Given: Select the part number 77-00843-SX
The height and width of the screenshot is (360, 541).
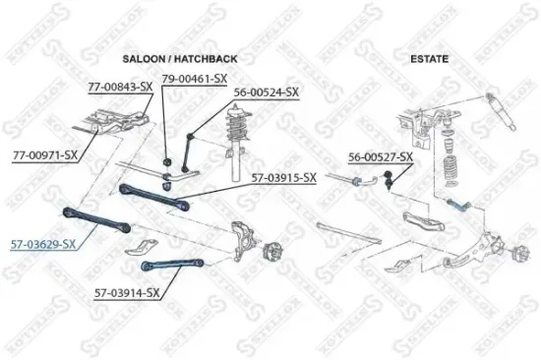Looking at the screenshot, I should point(120,87).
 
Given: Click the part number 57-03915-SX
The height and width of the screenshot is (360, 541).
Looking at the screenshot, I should point(283,177).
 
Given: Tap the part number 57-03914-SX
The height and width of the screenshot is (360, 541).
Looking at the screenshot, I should point(128,292).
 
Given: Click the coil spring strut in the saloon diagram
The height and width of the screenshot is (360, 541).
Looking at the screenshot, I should point(236,133).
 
